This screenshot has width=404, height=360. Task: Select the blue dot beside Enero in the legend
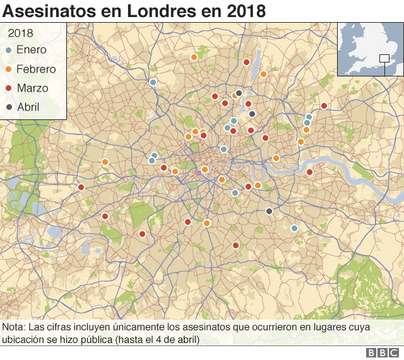click(x=9, y=50)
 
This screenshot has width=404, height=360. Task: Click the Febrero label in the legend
click(x=36, y=69)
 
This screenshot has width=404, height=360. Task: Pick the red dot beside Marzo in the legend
click(x=9, y=88)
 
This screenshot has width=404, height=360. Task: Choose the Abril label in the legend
click(x=28, y=107)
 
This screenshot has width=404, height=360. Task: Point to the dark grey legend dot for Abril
click(x=9, y=107)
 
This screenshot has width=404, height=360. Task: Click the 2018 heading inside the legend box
click(x=21, y=33)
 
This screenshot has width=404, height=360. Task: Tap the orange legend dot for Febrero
click(x=9, y=69)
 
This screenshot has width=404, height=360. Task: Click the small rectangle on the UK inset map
click(x=384, y=59)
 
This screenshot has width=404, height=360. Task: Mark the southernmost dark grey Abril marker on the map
click(x=269, y=211)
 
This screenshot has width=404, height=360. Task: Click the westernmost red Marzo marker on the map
click(x=81, y=187)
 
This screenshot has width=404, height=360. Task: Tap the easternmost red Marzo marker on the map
click(x=324, y=105)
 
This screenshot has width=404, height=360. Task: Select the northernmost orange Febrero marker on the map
click(x=194, y=57)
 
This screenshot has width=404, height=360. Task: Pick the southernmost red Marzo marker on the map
click(x=235, y=245)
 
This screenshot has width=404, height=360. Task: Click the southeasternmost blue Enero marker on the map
click(x=294, y=228)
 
